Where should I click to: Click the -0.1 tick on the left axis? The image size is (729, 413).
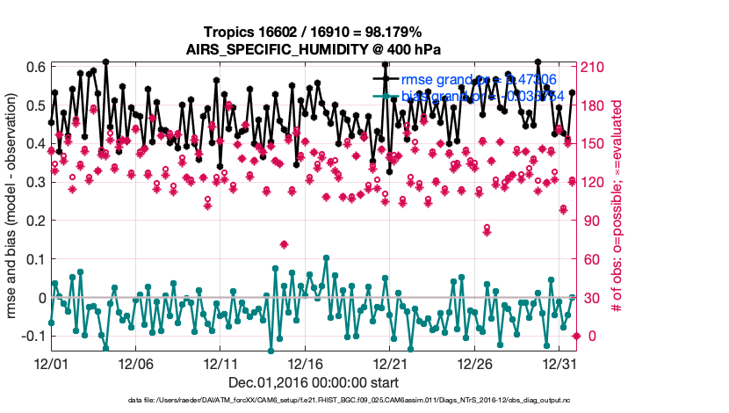32,337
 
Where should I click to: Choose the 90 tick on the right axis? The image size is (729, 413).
593,221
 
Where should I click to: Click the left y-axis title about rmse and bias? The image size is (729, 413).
14,209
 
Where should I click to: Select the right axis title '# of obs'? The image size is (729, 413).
618,209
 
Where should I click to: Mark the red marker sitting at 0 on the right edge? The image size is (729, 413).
576,337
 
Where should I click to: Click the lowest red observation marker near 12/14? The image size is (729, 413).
284,243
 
